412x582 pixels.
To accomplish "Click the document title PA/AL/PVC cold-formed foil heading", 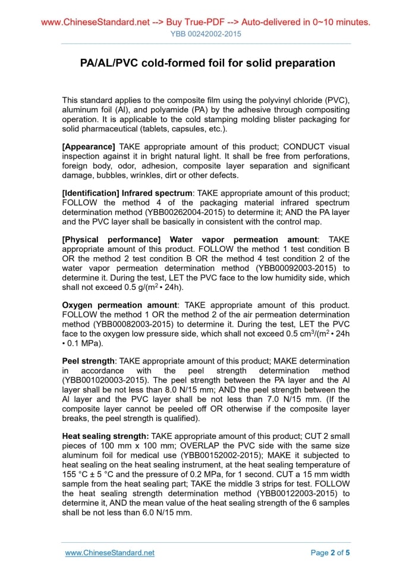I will click(207, 63).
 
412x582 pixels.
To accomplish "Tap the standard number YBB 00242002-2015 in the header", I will click(206, 34).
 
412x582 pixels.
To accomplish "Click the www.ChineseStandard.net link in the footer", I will click(109, 553).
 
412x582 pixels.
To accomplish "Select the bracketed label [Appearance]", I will click(89, 147).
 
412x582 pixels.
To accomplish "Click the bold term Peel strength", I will click(89, 360).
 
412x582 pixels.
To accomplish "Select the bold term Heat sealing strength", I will click(106, 436).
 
